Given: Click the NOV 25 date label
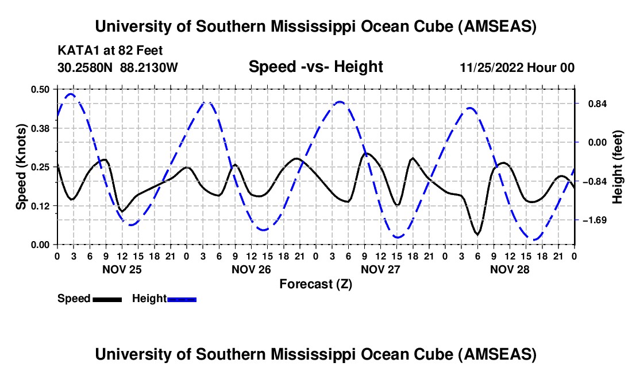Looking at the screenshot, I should (x=122, y=269).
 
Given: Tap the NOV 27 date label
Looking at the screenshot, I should (x=380, y=269).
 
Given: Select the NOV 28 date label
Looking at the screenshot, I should (x=510, y=269).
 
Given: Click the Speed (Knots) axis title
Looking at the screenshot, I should (x=21, y=167).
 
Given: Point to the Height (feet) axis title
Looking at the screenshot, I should (x=618, y=167).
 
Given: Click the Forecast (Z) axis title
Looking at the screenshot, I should (x=315, y=284).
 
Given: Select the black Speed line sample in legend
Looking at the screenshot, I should (x=107, y=299).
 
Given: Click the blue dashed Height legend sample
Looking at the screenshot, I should (x=182, y=299).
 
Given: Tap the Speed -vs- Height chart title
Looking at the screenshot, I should (x=315, y=67).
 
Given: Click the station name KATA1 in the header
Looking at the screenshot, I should (x=75, y=50).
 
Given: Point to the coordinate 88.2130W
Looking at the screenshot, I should (x=149, y=67).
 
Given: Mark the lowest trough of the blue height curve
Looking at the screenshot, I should (x=535, y=240).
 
